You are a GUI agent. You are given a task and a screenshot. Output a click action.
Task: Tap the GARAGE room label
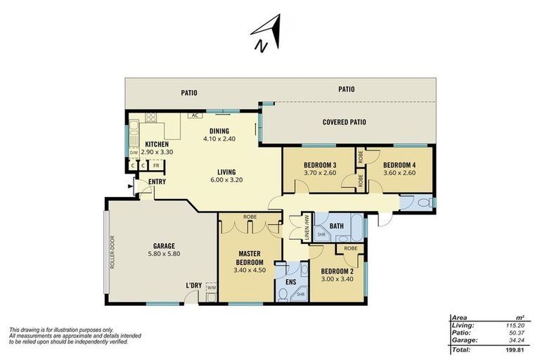pyautogui.click(x=164, y=246)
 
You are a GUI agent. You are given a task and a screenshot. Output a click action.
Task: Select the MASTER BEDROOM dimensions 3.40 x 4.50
pyautogui.click(x=250, y=270)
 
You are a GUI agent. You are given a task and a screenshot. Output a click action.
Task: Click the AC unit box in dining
pyautogui.click(x=195, y=115)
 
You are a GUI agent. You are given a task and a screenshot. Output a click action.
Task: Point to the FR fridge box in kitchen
pyautogui.click(x=156, y=165)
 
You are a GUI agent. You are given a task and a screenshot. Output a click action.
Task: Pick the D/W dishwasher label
pyautogui.click(x=134, y=153)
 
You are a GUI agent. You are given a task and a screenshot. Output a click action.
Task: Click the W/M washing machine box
pyautogui.click(x=211, y=287)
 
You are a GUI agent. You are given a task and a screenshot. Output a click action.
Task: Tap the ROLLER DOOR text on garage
pyautogui.click(x=112, y=252)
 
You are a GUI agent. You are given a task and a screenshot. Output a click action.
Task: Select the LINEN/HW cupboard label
pyautogui.click(x=307, y=227)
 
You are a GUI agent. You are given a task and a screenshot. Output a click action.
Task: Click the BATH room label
pyautogui.click(x=337, y=226)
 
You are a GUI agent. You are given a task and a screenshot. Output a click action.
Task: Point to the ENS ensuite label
pyautogui.click(x=291, y=282)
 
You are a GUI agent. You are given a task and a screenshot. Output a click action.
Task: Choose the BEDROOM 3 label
pyautogui.click(x=320, y=165)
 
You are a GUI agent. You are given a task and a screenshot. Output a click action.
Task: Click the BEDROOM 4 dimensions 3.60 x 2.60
pyautogui.click(x=399, y=173)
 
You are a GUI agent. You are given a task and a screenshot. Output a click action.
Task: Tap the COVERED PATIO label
pyautogui.click(x=345, y=122)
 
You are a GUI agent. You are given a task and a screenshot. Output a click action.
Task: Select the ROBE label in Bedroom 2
pyautogui.click(x=351, y=248)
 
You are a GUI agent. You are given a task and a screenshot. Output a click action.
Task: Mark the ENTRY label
pyautogui.click(x=157, y=181)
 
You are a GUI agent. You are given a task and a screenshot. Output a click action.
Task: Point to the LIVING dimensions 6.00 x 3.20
pyautogui.click(x=226, y=179)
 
